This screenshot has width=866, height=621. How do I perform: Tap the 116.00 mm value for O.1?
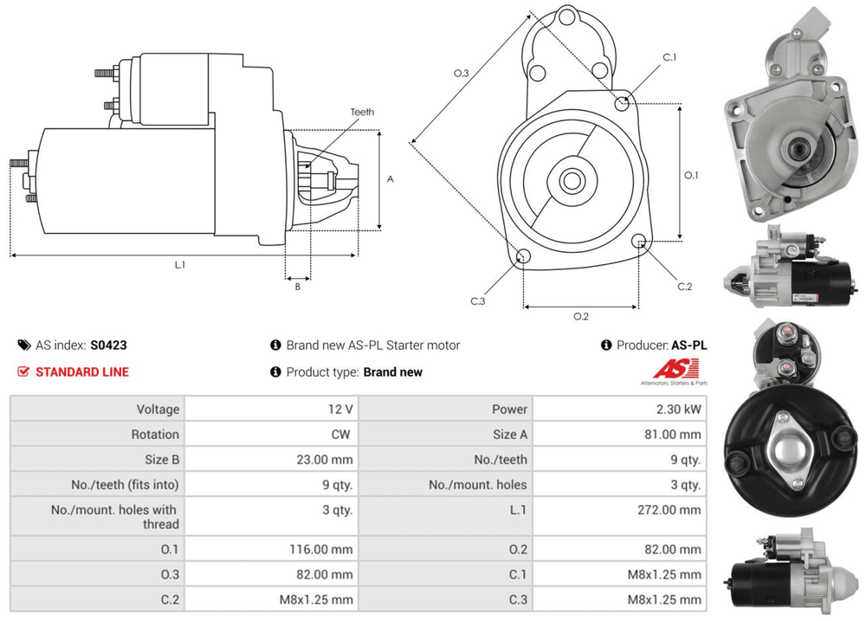coord(320,549)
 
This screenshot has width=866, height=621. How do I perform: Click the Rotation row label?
coord(155,434)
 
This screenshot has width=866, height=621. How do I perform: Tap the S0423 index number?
coord(108,345)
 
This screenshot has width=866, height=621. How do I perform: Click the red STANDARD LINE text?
coord(81,372)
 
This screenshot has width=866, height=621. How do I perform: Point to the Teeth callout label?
coord(362,112)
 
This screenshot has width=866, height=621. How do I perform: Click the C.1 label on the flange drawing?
coord(669,57)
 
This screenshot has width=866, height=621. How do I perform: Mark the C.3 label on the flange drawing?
coord(477,301)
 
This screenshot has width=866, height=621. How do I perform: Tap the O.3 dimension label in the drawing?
coord(461,74)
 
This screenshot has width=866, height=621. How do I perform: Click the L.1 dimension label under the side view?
coord(179,265)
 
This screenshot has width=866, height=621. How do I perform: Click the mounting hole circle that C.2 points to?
coord(639,241)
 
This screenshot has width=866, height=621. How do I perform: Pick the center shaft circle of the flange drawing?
coord(571,181)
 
